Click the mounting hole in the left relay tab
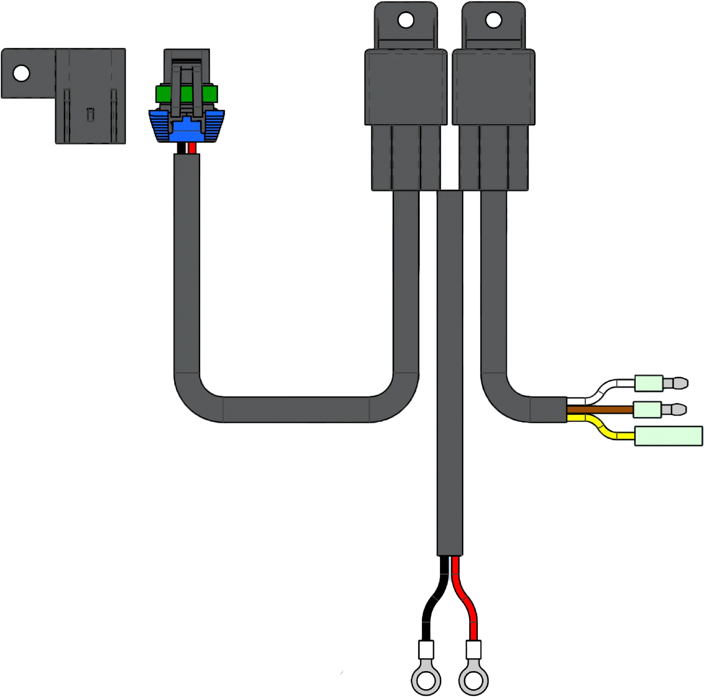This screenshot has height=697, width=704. tap(406, 20)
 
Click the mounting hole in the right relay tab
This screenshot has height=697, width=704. tap(494, 20)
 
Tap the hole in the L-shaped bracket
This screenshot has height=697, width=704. tap(21, 74)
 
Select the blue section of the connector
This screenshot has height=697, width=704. tap(186, 128)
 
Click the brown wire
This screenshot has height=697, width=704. tap(599, 411)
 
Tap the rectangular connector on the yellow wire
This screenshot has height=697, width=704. tap(667, 435)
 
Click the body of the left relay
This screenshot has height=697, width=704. tap(405, 88)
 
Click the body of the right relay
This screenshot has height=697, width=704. tap(494, 88)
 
